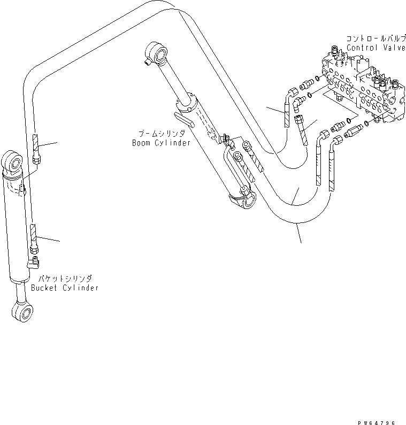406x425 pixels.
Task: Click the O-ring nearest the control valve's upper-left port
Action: tap(319, 80)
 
